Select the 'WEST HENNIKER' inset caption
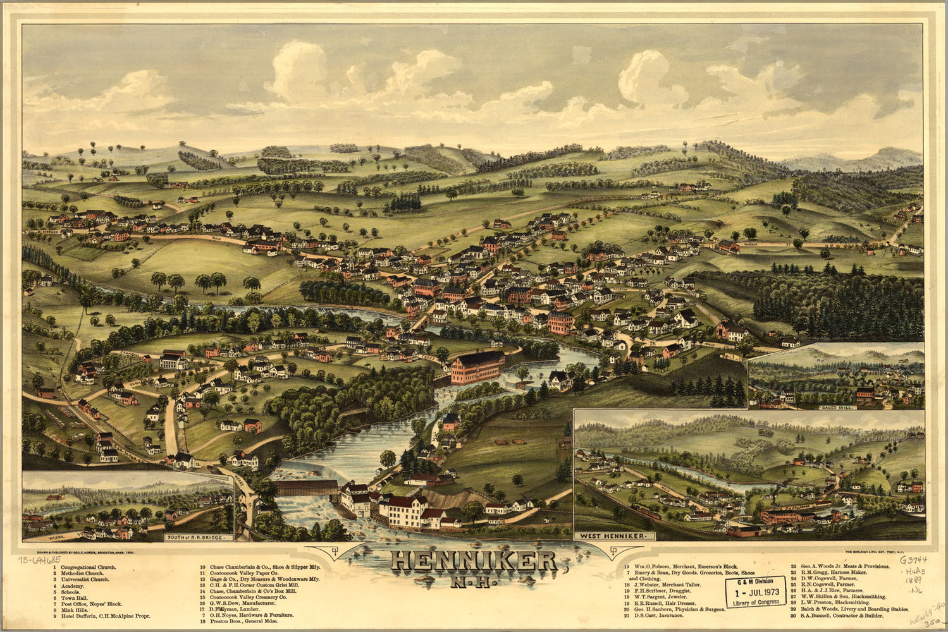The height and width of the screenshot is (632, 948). coord(613,536)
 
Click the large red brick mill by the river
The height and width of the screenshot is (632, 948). coord(477,367)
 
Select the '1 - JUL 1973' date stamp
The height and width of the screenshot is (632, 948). coord(755,592)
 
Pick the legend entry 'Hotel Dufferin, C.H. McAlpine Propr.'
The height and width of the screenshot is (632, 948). coord(105,616)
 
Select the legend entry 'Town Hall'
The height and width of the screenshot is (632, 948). coord(75,597)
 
